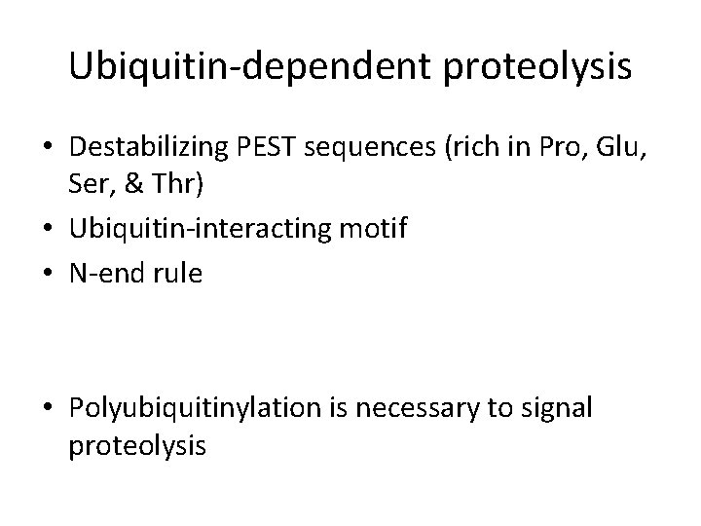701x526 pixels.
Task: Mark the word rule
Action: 178,275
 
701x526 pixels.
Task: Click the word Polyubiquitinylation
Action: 195,408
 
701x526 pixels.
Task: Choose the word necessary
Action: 424,408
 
